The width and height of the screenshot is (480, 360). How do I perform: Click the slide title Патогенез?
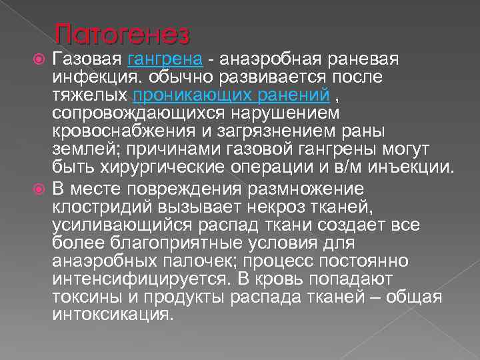click(123, 33)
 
